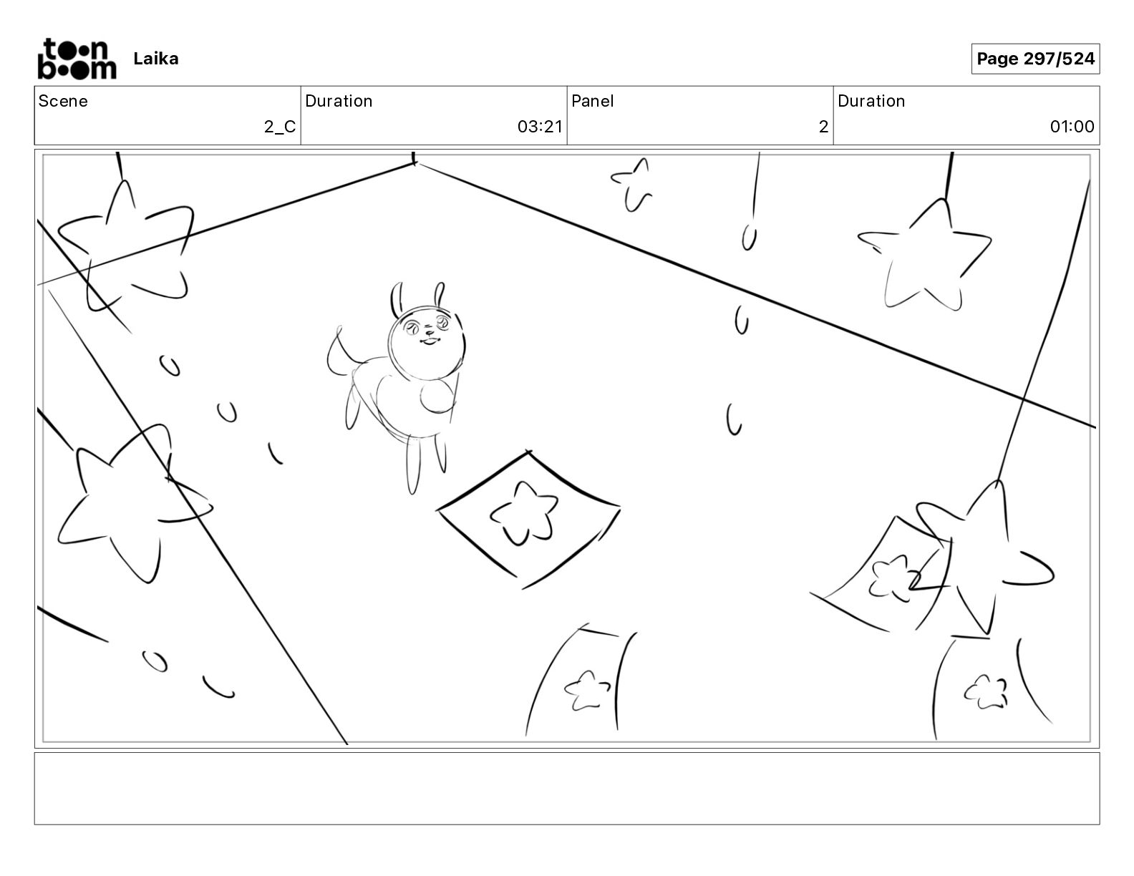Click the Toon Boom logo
(77, 59)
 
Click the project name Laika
(155, 59)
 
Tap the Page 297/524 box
(1035, 59)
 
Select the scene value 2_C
(280, 126)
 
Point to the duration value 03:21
(540, 126)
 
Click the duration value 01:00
(1072, 126)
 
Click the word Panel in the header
(592, 101)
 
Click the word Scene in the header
(63, 101)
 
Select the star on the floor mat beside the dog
(523, 514)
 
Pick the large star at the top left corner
(125, 246)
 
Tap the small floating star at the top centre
(633, 185)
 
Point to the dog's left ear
(397, 298)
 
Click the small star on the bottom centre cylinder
(587, 690)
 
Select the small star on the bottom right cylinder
(985, 692)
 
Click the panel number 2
(823, 126)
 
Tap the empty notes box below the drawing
(567, 789)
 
